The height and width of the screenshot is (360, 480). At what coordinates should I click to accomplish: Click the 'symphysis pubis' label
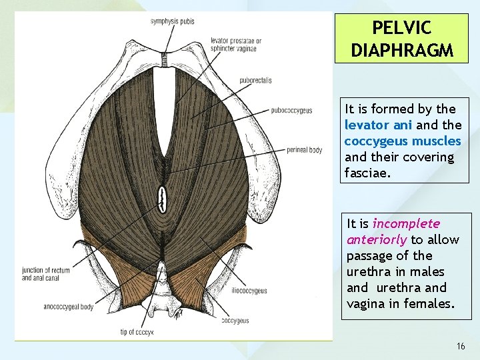click(x=172, y=21)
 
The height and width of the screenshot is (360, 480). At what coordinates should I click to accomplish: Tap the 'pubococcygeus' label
click(x=291, y=110)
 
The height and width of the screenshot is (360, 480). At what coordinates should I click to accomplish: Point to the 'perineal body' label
click(x=304, y=150)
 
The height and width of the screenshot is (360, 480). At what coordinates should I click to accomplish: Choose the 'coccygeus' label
click(x=235, y=321)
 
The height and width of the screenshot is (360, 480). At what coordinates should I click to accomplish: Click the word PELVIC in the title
click(x=401, y=28)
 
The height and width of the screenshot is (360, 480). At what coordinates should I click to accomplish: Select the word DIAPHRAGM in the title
click(x=401, y=49)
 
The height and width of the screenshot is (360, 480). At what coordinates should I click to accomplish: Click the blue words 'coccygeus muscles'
click(x=403, y=141)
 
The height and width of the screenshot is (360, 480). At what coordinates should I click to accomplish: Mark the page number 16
click(x=461, y=346)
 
